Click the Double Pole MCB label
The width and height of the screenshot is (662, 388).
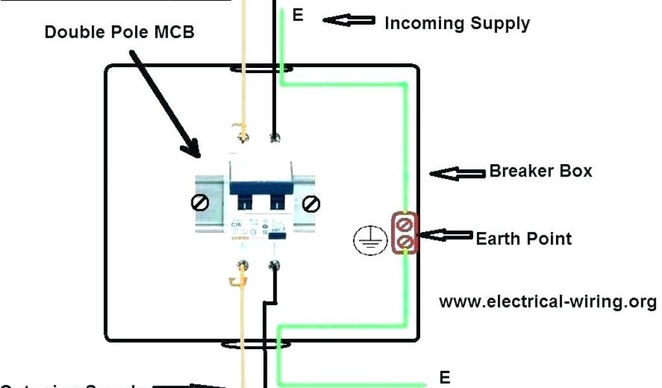[x=119, y=32]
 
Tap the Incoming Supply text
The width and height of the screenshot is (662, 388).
[x=457, y=24]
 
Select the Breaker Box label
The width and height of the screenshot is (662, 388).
[x=540, y=171]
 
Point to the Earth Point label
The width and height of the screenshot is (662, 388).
[x=524, y=239]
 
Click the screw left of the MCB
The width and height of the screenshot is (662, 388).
[x=200, y=203]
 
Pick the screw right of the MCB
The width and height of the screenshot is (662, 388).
[x=312, y=204]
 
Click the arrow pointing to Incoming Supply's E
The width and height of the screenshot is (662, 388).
[x=349, y=21]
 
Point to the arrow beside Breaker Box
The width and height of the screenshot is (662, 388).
[x=457, y=173]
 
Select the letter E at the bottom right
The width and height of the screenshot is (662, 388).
[x=445, y=377]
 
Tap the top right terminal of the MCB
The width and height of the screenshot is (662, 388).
[x=274, y=136]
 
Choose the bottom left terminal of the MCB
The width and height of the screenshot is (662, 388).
[x=244, y=264]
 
